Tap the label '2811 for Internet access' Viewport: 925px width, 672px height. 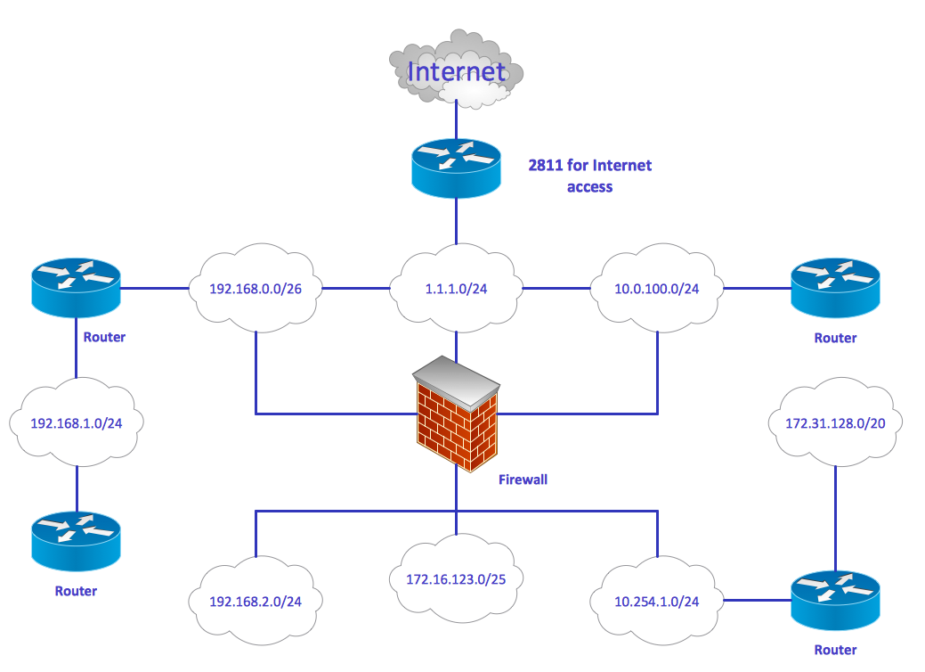(x=589, y=176)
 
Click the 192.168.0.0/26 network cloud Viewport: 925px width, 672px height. (x=256, y=289)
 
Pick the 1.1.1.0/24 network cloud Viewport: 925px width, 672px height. (x=457, y=289)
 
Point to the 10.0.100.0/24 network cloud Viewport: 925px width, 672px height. (x=658, y=289)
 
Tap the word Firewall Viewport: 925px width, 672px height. (x=523, y=479)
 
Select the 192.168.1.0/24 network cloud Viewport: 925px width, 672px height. (x=76, y=423)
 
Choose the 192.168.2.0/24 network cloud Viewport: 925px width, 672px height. (x=256, y=601)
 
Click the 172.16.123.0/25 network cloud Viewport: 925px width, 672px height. (x=457, y=578)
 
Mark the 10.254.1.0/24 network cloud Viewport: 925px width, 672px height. (x=657, y=601)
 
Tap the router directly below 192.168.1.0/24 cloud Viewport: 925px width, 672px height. (x=76, y=542)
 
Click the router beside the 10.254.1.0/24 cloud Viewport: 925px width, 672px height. (x=835, y=602)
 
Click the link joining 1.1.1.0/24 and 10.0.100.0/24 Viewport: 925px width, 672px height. (x=556, y=289)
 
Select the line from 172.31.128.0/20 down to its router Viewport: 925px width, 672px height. (x=835, y=517)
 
